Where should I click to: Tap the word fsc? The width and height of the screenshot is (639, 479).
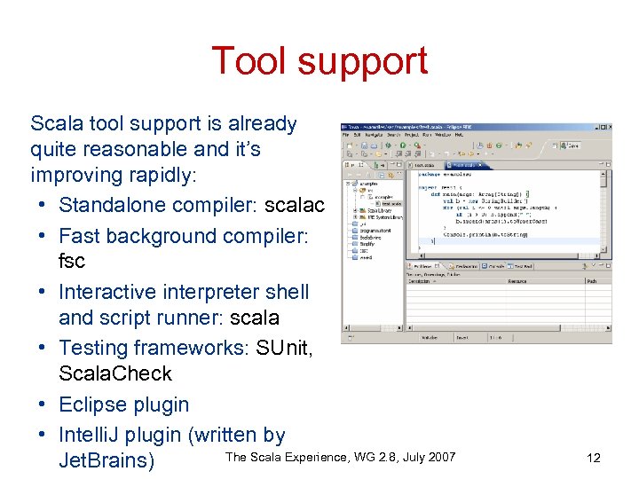pyautogui.click(x=72, y=262)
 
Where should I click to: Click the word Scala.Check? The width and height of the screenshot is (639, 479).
pyautogui.click(x=114, y=373)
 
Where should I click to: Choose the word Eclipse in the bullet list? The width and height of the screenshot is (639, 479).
pyautogui.click(x=96, y=404)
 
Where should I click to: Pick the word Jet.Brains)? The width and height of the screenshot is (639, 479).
pyautogui.click(x=106, y=461)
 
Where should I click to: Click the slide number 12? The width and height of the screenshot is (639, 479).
pyautogui.click(x=594, y=458)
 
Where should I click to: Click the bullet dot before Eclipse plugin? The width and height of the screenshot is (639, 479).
pyautogui.click(x=43, y=405)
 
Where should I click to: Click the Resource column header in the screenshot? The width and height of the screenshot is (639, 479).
pyautogui.click(x=519, y=280)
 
